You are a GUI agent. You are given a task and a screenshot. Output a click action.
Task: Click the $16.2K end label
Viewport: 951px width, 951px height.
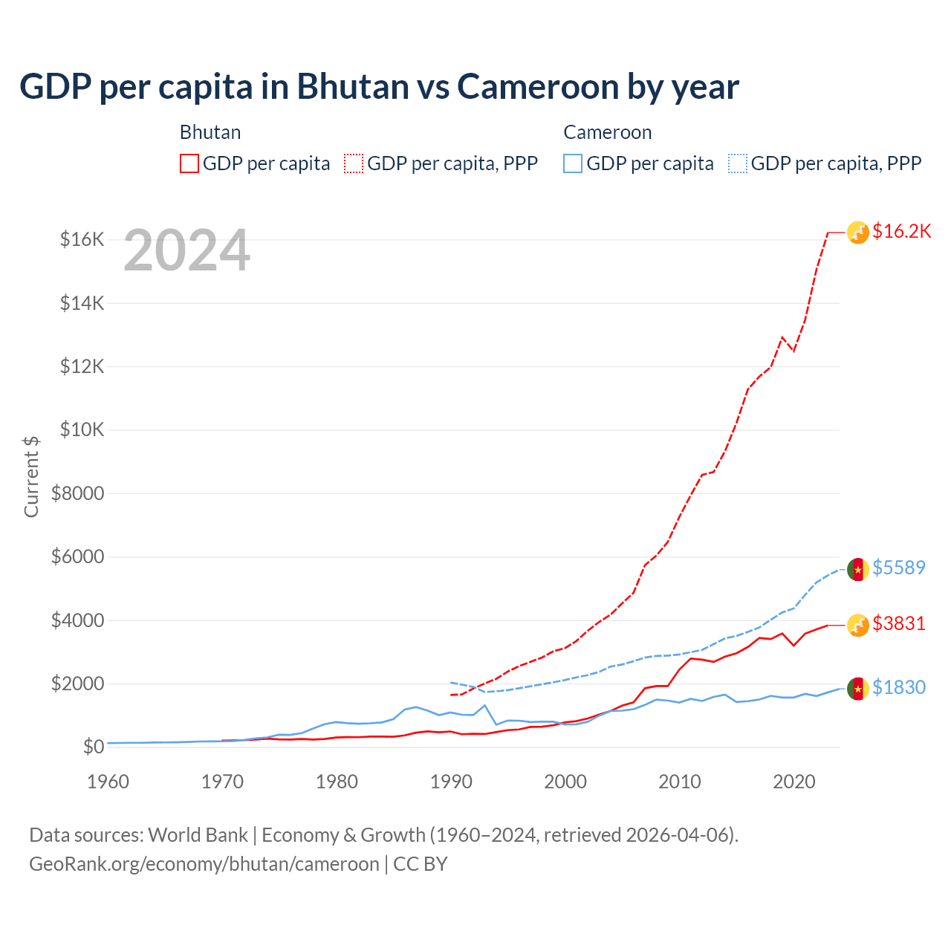pyautogui.click(x=901, y=231)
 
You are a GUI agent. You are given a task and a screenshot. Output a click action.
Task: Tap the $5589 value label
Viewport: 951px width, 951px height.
pyautogui.click(x=898, y=568)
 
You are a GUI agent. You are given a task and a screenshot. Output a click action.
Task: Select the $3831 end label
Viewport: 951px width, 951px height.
pyautogui.click(x=898, y=623)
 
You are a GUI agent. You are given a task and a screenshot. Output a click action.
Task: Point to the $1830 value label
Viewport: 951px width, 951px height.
pyautogui.click(x=898, y=687)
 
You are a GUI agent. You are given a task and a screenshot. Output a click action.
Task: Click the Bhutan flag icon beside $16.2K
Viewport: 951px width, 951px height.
pyautogui.click(x=858, y=233)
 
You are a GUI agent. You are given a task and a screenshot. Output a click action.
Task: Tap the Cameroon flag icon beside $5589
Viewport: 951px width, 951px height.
pyautogui.click(x=858, y=569)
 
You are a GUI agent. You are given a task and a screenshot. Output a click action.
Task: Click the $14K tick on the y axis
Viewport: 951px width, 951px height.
pyautogui.click(x=82, y=303)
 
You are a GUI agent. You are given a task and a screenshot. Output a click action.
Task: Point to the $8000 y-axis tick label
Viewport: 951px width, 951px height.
pyautogui.click(x=77, y=493)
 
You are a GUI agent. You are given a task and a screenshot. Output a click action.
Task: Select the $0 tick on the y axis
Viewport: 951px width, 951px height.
pyautogui.click(x=93, y=747)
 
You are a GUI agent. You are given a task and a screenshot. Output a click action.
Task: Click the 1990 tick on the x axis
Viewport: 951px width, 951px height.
pyautogui.click(x=451, y=782)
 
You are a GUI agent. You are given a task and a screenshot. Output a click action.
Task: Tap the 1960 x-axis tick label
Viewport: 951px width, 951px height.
pyautogui.click(x=108, y=782)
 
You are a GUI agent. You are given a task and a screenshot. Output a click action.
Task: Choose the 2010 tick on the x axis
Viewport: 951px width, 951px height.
pyautogui.click(x=680, y=782)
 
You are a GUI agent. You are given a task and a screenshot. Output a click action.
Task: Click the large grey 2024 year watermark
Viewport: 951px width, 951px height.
pyautogui.click(x=186, y=250)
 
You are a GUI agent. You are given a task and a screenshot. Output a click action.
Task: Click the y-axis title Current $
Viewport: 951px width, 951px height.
pyautogui.click(x=31, y=476)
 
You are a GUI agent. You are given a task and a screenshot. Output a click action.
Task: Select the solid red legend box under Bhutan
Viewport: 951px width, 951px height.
pyautogui.click(x=189, y=163)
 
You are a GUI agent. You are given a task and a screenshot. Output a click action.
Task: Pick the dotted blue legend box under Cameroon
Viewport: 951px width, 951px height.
pyautogui.click(x=738, y=163)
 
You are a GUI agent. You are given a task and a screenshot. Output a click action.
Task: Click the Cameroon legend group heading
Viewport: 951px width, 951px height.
pyautogui.click(x=607, y=132)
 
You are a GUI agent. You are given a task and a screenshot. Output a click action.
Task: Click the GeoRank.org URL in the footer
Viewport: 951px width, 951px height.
pyautogui.click(x=204, y=864)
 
